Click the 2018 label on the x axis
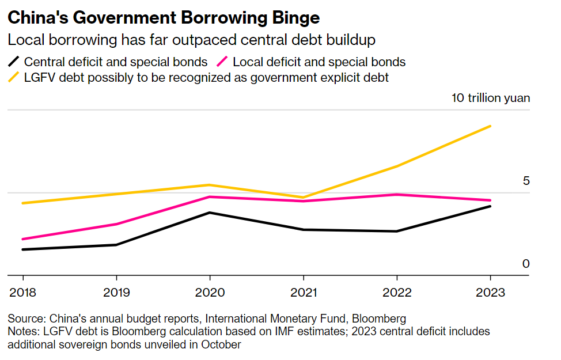pyautogui.click(x=23, y=292)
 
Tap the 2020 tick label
pyautogui.click(x=210, y=292)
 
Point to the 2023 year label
pyautogui.click(x=490, y=292)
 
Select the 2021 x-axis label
pyautogui.click(x=303, y=292)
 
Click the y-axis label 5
pyautogui.click(x=525, y=181)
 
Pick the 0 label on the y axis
pyautogui.click(x=525, y=264)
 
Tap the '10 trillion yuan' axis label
pyautogui.click(x=491, y=97)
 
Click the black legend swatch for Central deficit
pyautogui.click(x=14, y=62)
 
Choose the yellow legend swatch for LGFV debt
pyautogui.click(x=14, y=77)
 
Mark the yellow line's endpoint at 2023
pyautogui.click(x=490, y=126)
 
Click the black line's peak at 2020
pyautogui.click(x=210, y=213)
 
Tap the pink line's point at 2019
pyautogui.click(x=116, y=224)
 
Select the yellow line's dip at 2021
pyautogui.click(x=303, y=198)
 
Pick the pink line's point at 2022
pyautogui.click(x=397, y=195)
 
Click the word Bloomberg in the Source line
pyautogui.click(x=378, y=319)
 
